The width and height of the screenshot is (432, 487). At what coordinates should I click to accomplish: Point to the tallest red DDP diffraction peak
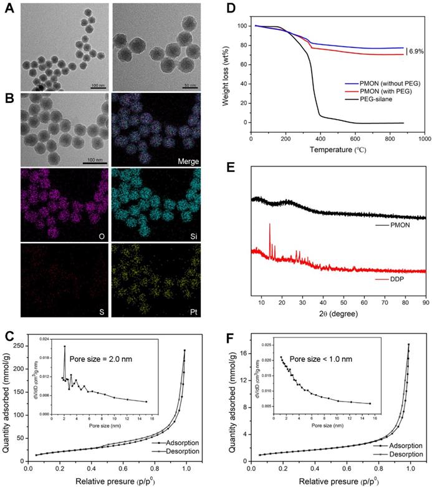pyautogui.click(x=269, y=224)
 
